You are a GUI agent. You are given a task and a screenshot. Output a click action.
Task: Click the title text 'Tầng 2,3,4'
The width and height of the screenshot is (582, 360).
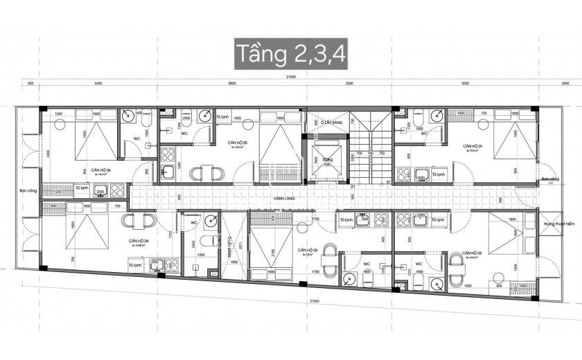coord(291,53)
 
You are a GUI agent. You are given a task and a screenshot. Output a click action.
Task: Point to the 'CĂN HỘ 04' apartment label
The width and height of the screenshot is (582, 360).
coord(141,242)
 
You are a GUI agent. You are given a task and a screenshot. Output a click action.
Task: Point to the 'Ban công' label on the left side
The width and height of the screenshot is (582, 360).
coord(26,187)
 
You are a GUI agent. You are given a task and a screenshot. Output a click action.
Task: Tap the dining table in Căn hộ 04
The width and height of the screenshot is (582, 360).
coord(139,221)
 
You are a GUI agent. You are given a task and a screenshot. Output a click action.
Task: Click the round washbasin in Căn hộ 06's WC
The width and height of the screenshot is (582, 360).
coord(129,116)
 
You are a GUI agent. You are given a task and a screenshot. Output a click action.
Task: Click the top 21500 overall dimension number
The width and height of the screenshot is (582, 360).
coord(292,78)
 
